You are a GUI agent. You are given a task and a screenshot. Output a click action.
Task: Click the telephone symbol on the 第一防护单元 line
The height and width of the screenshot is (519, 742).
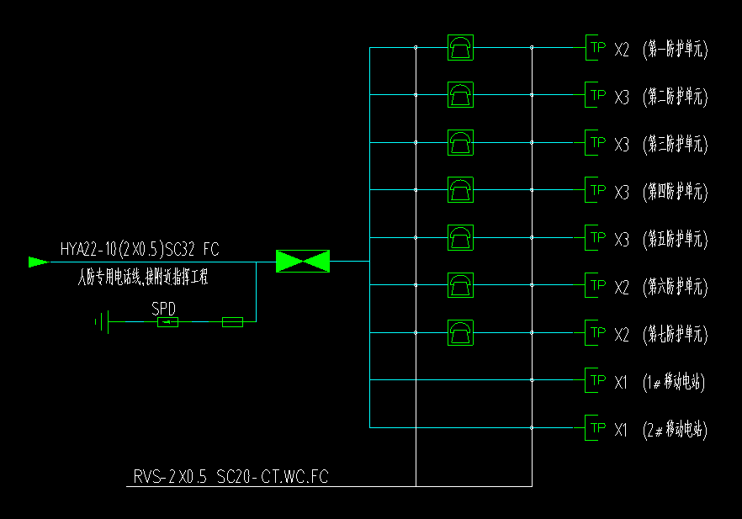[x=460, y=48]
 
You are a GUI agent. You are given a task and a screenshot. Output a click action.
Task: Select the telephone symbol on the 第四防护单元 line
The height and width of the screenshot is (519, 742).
[x=460, y=190]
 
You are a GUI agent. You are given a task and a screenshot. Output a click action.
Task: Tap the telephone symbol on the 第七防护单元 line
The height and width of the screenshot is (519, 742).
[x=460, y=333]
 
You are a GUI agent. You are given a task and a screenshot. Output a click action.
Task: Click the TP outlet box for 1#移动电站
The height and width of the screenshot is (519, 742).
[x=596, y=381]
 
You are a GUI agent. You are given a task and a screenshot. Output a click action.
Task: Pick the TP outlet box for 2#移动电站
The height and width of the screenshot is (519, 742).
[x=596, y=428]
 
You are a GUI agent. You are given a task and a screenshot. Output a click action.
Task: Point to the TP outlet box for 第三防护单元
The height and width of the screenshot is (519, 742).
[x=596, y=143]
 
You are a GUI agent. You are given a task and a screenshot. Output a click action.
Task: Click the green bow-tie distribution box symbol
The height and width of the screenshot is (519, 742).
[x=303, y=262]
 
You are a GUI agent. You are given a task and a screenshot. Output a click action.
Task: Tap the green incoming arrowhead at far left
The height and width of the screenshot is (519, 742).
[x=39, y=262]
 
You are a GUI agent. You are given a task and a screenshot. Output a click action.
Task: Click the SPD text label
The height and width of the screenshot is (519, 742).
[x=164, y=308]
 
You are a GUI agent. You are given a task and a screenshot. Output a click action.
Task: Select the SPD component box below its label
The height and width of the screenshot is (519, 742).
[x=168, y=322]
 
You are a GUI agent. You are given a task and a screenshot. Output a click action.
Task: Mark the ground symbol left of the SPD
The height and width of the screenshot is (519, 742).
[x=103, y=322]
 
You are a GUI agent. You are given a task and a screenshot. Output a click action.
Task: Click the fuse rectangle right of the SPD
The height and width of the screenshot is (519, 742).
[x=232, y=322]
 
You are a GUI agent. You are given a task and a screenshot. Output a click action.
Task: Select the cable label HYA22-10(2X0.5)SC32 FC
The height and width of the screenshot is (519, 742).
[x=140, y=249]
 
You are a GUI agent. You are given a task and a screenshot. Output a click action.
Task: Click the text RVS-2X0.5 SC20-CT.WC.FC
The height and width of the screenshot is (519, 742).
[x=231, y=477]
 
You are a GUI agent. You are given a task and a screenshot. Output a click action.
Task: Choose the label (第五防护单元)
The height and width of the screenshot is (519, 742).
[x=675, y=239]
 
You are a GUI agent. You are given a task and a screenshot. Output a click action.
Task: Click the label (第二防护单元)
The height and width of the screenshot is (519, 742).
[x=675, y=97]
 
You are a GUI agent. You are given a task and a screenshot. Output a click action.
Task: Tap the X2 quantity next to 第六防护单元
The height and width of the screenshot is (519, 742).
[x=622, y=287]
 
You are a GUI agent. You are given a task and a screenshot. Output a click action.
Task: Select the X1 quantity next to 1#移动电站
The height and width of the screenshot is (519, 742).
[x=622, y=382]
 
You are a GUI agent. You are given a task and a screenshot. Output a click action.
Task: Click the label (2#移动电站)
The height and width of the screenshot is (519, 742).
[x=673, y=430]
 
